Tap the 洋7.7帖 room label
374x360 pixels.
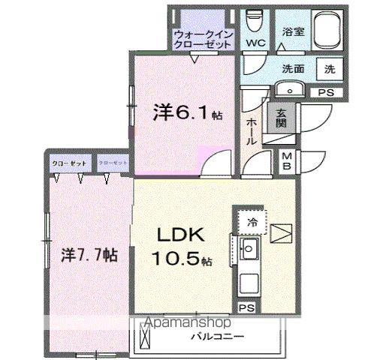click(x=84, y=253)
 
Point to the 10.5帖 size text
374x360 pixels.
click(x=183, y=259)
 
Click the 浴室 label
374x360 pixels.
click(x=291, y=32)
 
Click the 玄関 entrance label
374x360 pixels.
click(x=280, y=118)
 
